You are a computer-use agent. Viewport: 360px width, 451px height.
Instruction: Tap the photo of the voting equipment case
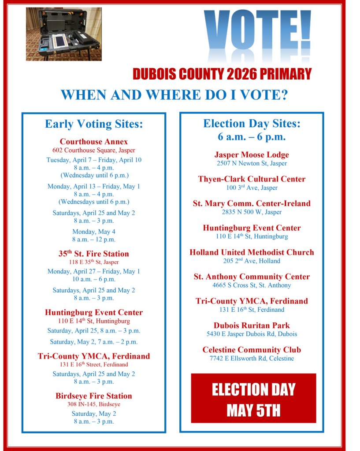point(64,34)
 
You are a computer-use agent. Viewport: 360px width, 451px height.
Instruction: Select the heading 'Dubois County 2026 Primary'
point(222,74)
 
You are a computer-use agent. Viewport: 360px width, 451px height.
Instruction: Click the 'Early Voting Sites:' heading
point(94,124)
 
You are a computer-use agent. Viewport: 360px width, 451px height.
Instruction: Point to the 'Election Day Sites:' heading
point(252,123)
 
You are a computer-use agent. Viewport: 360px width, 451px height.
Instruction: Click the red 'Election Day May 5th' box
point(253,398)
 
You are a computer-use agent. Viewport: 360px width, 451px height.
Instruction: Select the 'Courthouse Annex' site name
point(94,142)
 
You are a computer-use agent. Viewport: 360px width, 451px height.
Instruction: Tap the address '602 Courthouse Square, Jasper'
point(94,150)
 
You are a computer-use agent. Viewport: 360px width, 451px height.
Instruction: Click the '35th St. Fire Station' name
point(94,254)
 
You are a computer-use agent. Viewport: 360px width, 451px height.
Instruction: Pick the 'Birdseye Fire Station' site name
point(94,396)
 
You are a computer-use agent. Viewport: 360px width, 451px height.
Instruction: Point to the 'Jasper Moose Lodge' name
point(252,155)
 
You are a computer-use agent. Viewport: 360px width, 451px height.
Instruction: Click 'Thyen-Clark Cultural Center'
point(252,179)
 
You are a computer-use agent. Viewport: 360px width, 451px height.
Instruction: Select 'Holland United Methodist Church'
point(252,252)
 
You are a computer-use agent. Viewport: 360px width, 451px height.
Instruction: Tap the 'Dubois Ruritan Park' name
point(252,325)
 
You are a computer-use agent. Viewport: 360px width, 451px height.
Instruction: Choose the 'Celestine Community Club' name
point(252,350)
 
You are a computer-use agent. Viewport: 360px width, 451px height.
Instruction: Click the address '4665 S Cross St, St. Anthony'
point(252,285)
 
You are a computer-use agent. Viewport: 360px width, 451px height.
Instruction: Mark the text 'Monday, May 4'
point(94,232)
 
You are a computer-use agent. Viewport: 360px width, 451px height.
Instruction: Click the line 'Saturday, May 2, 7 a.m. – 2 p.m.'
point(94,342)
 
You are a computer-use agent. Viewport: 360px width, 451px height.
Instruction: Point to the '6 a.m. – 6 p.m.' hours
point(252,137)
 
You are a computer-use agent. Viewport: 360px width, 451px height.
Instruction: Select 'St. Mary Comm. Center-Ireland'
point(252,203)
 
